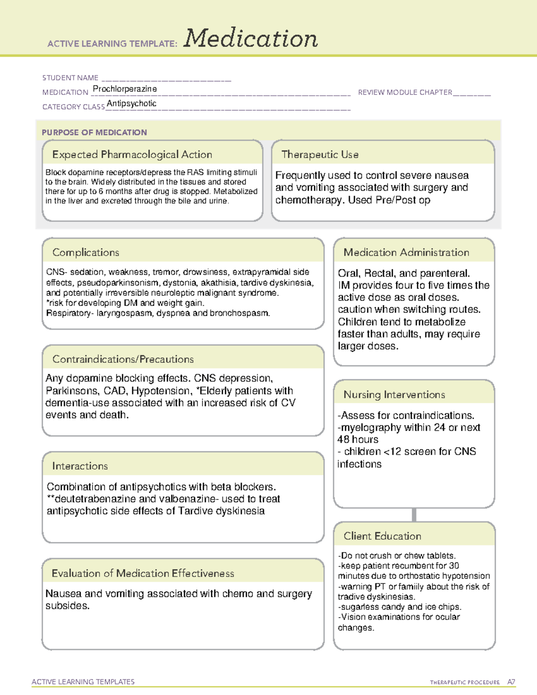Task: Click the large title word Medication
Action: [251, 38]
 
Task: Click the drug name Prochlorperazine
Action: [125, 89]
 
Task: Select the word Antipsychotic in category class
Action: [132, 103]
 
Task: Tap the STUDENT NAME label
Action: [70, 78]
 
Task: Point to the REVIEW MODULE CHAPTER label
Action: [405, 92]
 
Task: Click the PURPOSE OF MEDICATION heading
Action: [94, 132]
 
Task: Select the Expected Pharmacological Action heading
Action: [132, 154]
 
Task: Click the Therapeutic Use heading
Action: [320, 154]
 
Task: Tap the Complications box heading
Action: [86, 252]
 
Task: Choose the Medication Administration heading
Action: [406, 252]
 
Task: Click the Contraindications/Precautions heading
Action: [123, 359]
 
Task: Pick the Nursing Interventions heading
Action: [394, 394]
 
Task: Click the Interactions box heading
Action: [80, 466]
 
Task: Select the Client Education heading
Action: [383, 536]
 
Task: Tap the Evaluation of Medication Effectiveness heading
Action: [143, 573]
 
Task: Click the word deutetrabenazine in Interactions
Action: [95, 499]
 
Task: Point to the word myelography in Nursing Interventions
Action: [371, 427]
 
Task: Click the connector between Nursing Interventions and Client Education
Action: [414, 515]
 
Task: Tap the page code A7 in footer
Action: [511, 682]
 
